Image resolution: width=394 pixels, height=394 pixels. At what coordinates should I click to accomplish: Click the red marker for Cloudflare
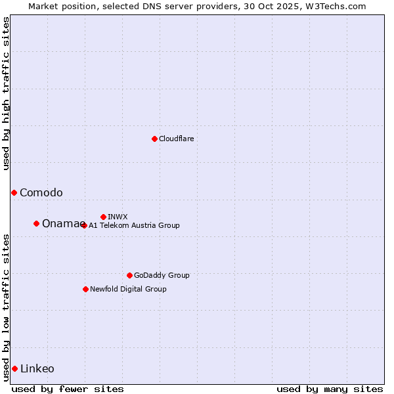(154, 139)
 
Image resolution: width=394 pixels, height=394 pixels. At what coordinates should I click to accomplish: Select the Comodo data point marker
(14, 192)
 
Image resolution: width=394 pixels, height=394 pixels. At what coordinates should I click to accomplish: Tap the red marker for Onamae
(36, 223)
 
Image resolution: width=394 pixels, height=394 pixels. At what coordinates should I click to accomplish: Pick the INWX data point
(103, 217)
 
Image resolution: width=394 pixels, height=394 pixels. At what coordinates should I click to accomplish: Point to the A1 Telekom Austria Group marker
(83, 225)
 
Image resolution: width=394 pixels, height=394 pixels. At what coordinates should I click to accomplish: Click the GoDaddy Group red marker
(129, 275)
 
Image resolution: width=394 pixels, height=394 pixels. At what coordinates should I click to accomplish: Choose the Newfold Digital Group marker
(85, 289)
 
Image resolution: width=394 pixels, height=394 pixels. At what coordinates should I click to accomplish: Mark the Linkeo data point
(14, 368)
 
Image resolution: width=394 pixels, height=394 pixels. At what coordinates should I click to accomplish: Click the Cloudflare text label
(176, 139)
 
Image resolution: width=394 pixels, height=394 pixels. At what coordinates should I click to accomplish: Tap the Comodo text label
(41, 192)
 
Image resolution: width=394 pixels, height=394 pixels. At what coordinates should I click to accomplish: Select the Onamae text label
(61, 223)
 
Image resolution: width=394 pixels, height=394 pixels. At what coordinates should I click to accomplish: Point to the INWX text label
(118, 217)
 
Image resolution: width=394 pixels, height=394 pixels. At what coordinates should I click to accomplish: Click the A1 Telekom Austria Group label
(134, 225)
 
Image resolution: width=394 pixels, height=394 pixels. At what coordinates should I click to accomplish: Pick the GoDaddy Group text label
(162, 275)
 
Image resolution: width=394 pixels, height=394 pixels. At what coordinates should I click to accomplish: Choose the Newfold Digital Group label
(128, 289)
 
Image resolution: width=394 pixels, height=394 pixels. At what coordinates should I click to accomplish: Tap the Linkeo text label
(37, 368)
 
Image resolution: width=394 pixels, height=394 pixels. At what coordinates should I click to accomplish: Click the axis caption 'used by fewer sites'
(68, 389)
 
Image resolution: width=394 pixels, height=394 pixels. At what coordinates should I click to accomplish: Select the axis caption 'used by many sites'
(330, 389)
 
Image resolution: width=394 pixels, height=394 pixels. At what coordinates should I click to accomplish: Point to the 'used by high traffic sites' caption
(6, 93)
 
